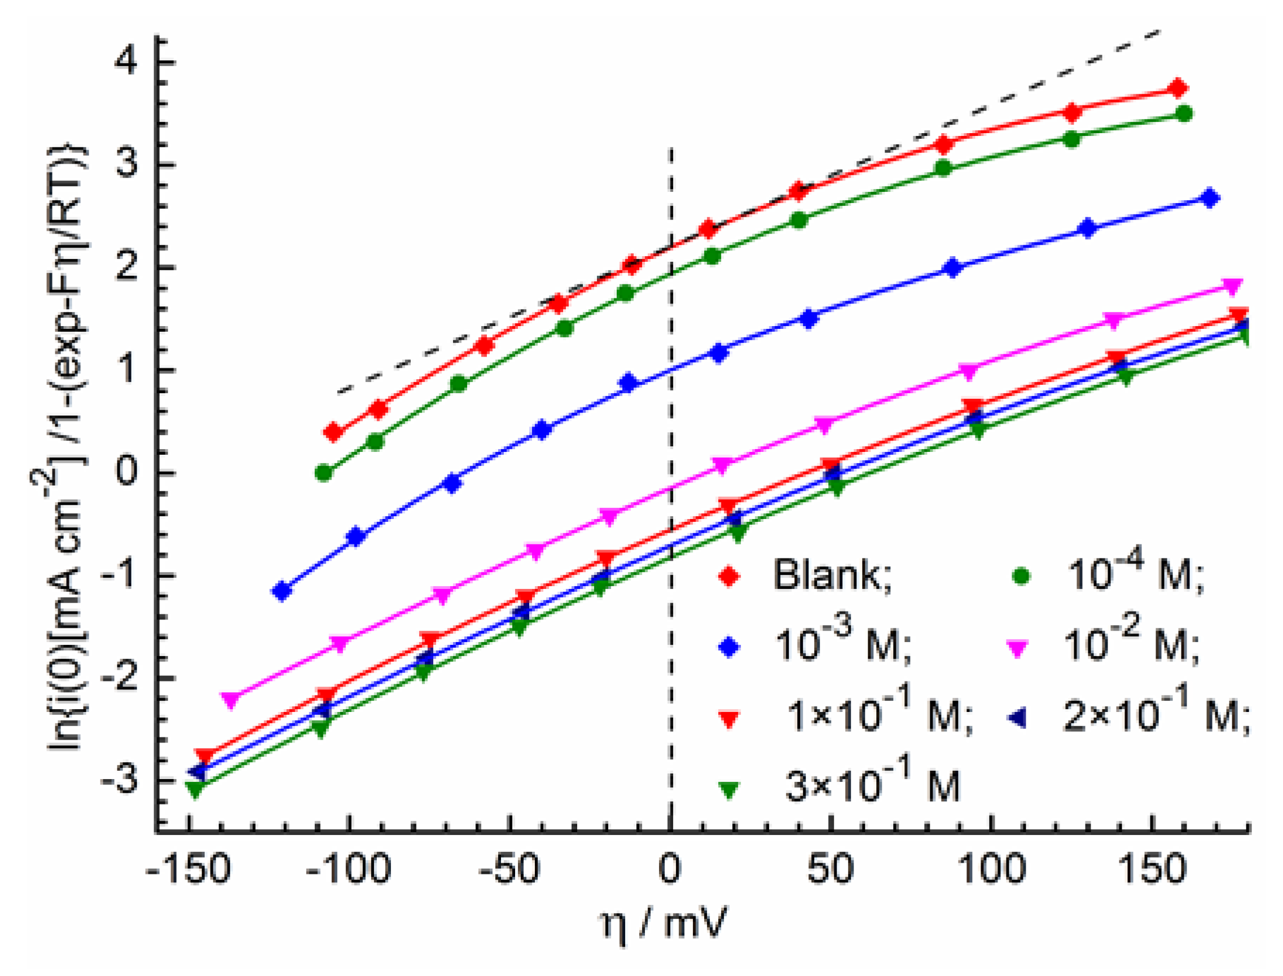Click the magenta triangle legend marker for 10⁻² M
[x=1018, y=648]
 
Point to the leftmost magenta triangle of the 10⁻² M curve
[x=231, y=700]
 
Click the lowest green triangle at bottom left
[x=195, y=789]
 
